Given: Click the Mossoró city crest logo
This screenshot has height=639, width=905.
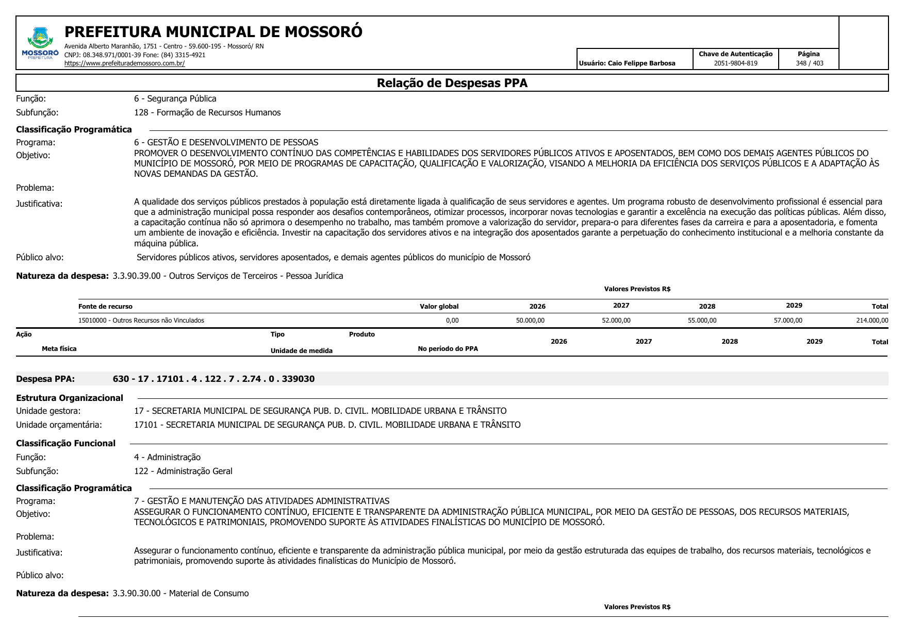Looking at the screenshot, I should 40,41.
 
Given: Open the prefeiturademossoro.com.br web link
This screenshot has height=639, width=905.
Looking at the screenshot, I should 124,63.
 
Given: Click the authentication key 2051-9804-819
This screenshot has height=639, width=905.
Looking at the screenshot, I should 735,63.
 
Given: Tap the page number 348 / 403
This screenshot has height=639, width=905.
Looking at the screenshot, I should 809,63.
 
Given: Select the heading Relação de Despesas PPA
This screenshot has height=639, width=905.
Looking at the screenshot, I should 452,83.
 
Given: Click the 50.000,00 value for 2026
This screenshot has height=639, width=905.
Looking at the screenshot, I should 530,321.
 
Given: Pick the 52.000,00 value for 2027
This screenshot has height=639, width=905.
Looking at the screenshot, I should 616,321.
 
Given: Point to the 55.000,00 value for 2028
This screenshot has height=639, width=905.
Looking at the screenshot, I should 702,321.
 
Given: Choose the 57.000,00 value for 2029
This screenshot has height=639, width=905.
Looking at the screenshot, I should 788,321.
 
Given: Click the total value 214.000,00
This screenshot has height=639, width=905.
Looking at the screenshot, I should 872,321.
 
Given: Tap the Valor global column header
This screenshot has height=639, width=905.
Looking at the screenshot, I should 439,307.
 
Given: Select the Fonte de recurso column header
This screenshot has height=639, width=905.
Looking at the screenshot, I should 105,307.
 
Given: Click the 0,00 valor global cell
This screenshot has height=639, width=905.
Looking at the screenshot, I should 452,321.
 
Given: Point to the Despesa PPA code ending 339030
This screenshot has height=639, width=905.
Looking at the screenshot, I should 213,379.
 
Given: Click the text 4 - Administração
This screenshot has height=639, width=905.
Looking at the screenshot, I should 167,457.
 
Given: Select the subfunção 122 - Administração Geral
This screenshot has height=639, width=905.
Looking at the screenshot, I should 183,471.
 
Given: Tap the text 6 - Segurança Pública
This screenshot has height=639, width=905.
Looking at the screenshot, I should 175,98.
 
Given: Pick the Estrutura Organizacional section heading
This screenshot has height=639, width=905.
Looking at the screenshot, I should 70,398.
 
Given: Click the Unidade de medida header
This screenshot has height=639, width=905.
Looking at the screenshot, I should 302,351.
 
